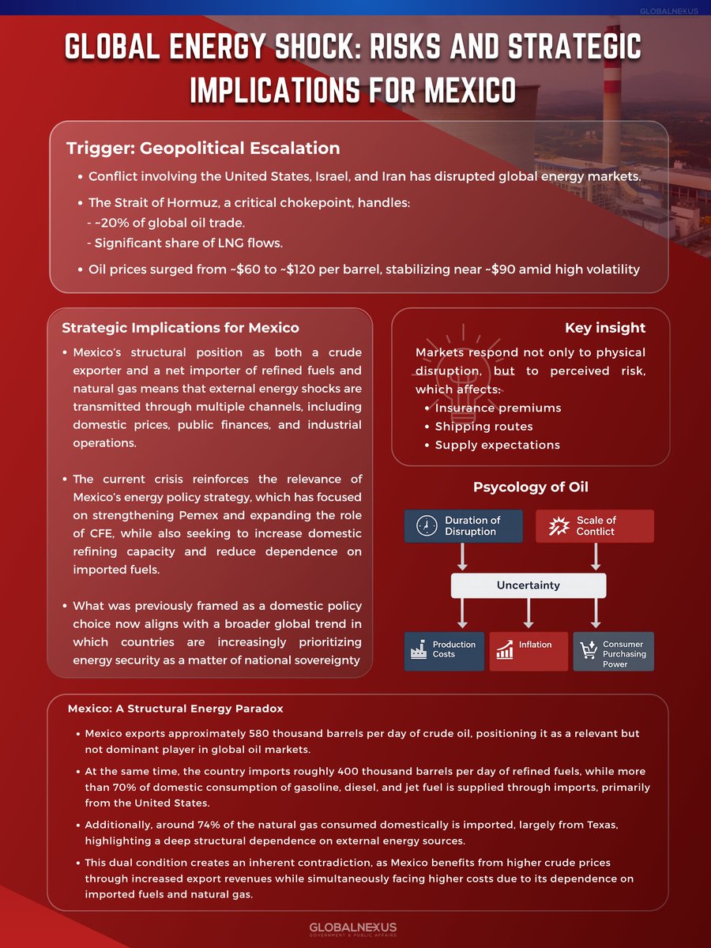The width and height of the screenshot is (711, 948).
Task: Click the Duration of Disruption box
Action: point(464,525)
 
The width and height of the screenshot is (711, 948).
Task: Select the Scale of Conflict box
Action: point(594,525)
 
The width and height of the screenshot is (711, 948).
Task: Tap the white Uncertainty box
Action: point(529,585)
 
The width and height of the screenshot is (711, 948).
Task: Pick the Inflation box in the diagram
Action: point(529,651)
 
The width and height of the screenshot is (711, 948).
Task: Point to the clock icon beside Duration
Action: point(426,525)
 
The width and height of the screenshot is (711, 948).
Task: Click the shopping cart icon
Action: point(589,650)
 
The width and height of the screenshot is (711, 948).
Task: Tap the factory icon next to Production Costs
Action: point(419,650)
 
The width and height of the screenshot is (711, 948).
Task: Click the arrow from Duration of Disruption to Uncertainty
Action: point(464,557)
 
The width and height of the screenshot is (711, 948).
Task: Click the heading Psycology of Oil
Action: point(530,487)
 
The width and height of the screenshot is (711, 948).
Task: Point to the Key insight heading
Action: point(604,328)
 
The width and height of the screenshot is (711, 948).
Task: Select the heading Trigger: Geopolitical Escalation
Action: point(203,148)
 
